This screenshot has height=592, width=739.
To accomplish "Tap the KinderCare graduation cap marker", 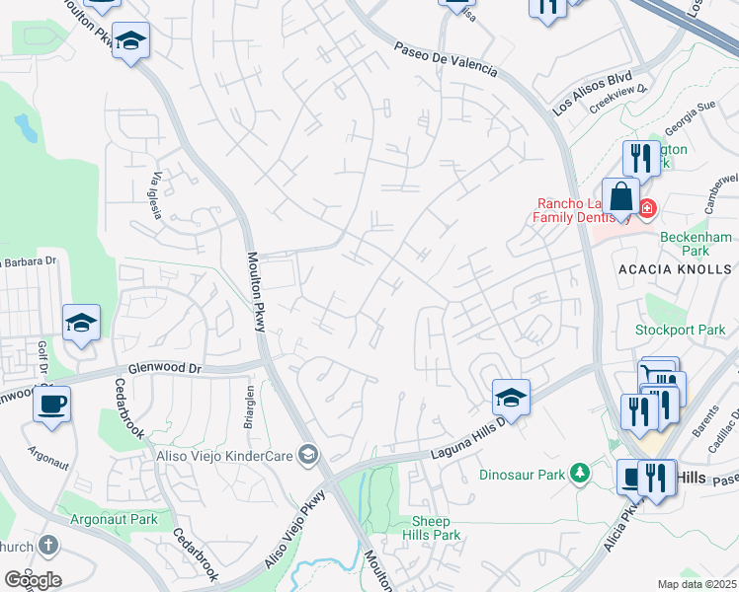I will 308,454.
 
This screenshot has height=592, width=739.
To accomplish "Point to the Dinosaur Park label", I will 523,475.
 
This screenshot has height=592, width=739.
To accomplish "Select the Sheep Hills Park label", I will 432,528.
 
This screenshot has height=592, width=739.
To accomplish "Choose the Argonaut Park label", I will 115,519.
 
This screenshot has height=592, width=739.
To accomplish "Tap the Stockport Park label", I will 694,330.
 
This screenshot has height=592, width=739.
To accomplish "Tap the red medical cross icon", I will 646,209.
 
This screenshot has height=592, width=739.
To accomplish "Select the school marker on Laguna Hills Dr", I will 511,397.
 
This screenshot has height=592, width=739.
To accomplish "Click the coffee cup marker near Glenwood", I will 51,403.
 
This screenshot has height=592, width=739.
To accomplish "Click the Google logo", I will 33,580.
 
